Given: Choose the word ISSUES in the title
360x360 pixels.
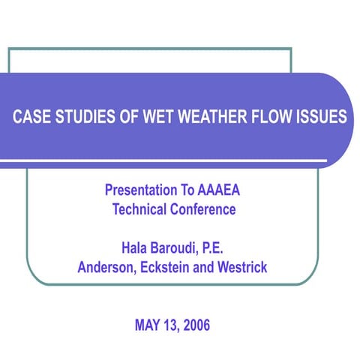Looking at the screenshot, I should pos(318,118).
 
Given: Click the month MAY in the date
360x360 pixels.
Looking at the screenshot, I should pos(148,325).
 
